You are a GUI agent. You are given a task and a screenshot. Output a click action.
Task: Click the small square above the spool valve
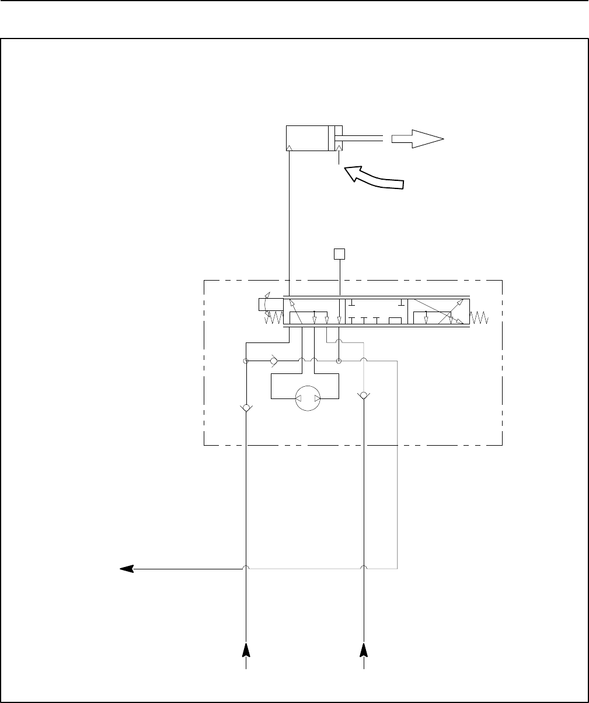(339, 254)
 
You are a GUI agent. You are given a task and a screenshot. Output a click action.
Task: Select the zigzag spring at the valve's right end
(482, 319)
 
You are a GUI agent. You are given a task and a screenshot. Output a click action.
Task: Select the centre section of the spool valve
(377, 312)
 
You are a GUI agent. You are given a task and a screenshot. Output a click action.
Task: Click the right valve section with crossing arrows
(438, 312)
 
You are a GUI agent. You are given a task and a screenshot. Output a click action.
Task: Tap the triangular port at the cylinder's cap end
(290, 148)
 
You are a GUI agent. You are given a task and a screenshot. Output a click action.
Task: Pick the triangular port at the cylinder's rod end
(339, 148)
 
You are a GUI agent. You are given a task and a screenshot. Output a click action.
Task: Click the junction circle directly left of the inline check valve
(246, 362)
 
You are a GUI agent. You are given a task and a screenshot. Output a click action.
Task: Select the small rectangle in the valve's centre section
(395, 320)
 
